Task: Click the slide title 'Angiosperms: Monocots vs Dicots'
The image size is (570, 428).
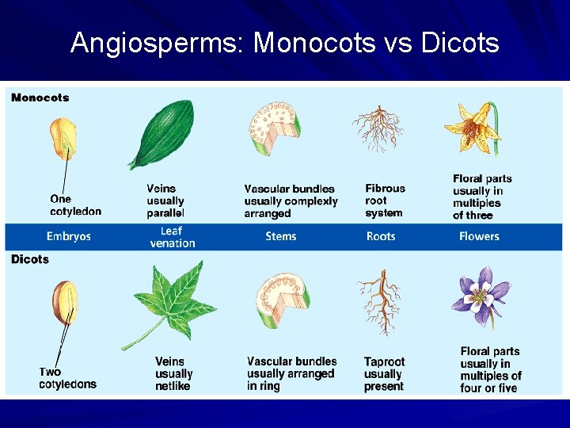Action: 284,42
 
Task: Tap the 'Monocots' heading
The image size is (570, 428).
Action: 40,97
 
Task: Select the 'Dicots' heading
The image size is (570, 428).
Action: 30,259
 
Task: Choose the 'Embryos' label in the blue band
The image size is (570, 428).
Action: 69,236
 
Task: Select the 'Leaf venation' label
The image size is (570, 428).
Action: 172,237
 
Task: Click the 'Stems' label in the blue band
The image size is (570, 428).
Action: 281,236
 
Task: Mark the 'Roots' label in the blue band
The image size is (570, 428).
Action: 381,236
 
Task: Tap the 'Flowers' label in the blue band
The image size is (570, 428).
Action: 479,236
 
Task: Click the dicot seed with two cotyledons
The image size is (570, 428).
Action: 65,302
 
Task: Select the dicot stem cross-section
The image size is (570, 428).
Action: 282,300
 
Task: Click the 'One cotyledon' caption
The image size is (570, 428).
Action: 75,205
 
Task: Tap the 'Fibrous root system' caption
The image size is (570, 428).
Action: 385,201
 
